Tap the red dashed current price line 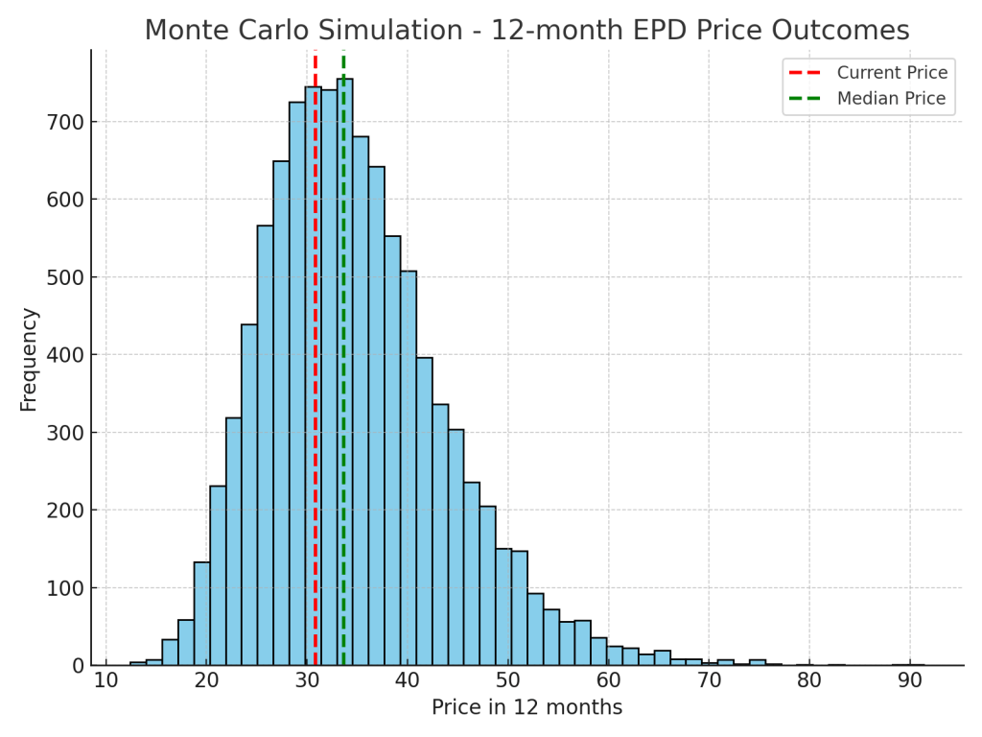click(x=315, y=384)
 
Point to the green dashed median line click(x=343, y=384)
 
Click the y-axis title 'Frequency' click(x=29, y=359)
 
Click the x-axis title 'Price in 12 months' click(x=526, y=708)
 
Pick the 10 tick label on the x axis click(x=105, y=681)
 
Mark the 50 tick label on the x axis click(x=507, y=681)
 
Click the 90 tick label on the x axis click(x=910, y=681)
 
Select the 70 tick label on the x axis click(x=709, y=681)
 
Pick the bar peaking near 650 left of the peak click(x=281, y=413)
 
